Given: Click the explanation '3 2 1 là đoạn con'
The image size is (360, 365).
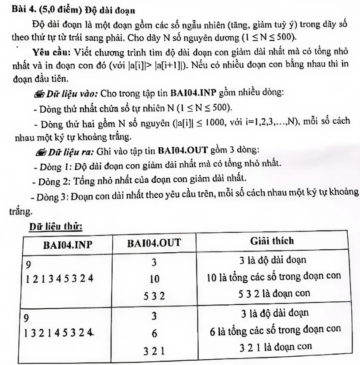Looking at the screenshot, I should pyautogui.click(x=275, y=348).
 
